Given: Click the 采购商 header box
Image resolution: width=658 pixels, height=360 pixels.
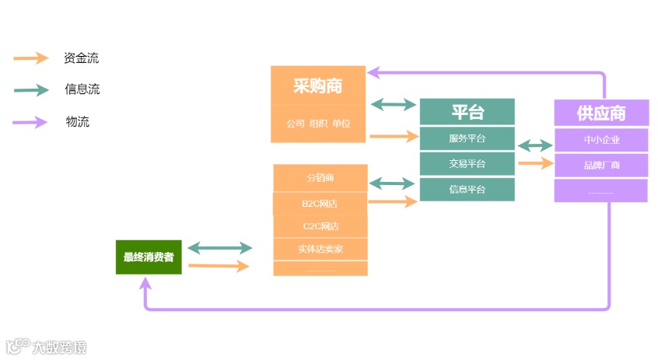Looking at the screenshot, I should pos(318,86).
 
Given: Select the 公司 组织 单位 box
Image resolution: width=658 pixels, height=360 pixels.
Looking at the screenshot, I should pos(318,124).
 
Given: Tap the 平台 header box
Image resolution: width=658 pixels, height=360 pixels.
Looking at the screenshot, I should pos(467,112).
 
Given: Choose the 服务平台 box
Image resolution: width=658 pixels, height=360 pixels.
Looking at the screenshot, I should pos(467,138).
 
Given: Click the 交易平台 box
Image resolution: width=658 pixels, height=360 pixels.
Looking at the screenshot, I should pos(467,164).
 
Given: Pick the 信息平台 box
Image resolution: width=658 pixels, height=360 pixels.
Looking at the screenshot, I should pos(467,189).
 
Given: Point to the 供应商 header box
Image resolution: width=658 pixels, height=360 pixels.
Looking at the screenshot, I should pos(600,114).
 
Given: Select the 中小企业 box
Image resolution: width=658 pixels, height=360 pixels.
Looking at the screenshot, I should pos(600,140).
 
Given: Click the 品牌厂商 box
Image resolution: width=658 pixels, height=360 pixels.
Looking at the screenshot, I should pos(600,166).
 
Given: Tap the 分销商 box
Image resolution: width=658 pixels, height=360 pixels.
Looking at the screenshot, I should pos(320,178).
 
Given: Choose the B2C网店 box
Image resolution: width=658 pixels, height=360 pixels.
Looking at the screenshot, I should pos(320,204).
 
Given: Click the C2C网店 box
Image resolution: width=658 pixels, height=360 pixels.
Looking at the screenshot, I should pos(320,226).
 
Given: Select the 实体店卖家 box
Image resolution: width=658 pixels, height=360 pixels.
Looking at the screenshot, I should pos(320,250).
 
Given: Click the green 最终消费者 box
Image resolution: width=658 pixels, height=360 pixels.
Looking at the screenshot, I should pos(149,257).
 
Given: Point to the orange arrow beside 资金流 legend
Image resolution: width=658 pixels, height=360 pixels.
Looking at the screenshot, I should pos(31,58).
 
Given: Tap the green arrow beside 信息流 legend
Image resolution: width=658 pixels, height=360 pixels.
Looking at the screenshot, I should pos(31,90).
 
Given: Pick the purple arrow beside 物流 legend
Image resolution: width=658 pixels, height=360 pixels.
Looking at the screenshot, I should pos(31,122).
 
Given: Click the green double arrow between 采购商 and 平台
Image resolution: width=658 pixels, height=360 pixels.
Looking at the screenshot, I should pos(393,104).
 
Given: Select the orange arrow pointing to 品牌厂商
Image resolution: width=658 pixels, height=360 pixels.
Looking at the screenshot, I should pos(535,163).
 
